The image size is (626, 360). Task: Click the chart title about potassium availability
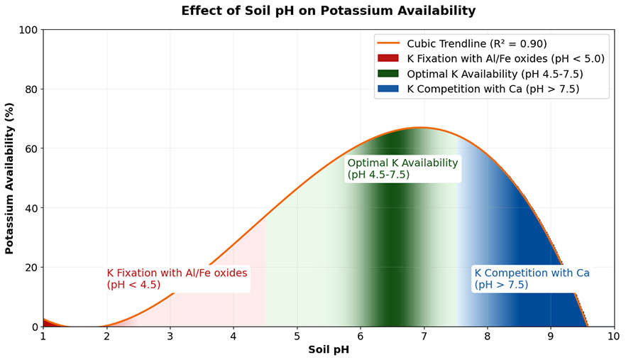328,11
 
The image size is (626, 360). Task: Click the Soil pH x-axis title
328,349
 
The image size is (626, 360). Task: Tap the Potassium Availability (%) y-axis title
10,178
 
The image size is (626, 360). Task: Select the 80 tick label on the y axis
31,89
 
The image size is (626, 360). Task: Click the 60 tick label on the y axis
31,149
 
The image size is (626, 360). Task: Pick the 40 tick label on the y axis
31,208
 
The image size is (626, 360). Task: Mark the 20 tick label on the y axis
31,268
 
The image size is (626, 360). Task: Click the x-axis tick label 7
424,336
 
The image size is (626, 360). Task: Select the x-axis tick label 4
234,336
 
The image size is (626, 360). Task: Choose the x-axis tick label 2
106,336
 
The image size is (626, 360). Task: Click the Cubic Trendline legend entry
476,43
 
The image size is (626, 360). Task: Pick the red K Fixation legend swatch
389,58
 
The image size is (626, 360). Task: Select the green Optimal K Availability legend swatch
389,74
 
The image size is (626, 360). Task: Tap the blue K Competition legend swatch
389,89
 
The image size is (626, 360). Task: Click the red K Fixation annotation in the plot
177,278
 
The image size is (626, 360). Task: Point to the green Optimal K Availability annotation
402,168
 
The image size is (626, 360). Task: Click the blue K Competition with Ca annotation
532,278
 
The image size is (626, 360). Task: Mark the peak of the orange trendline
421,128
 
